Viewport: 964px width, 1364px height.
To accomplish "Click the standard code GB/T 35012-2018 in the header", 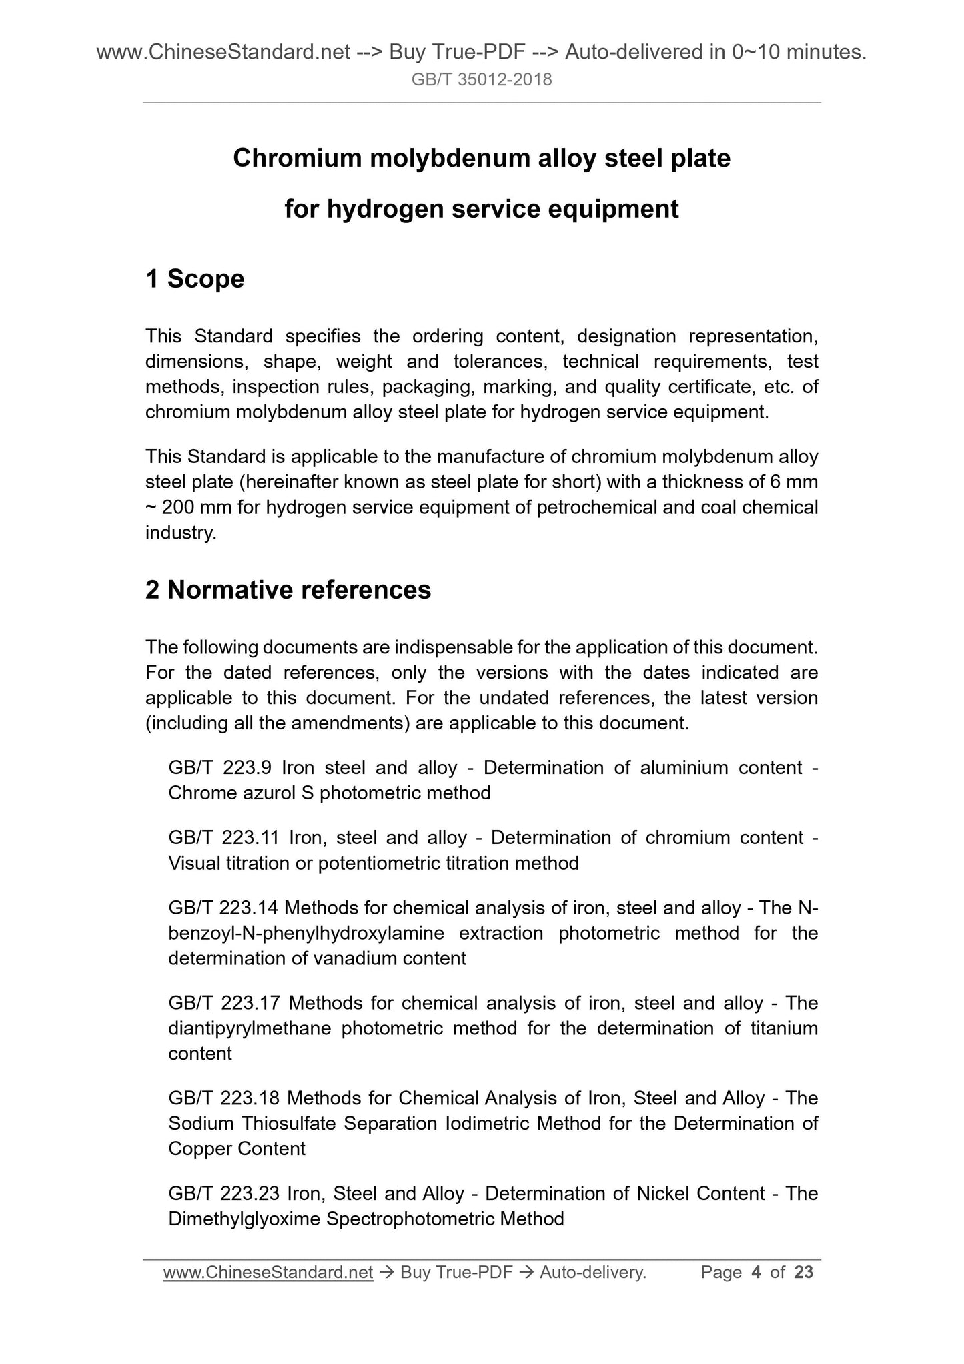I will click(482, 80).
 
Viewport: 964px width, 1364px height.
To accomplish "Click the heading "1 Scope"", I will click(195, 279).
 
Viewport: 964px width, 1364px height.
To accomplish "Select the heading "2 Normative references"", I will click(288, 590).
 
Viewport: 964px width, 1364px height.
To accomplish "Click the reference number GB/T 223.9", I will click(219, 767).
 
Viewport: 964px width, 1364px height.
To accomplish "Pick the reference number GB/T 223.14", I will click(223, 908).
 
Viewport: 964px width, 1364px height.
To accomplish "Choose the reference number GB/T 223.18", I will click(223, 1098).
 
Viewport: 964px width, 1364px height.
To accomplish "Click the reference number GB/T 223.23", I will click(223, 1193).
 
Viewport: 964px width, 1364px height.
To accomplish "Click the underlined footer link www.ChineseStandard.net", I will click(268, 1273).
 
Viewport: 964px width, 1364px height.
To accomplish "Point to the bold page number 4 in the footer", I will click(756, 1273).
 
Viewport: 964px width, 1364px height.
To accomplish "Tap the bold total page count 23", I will click(804, 1273).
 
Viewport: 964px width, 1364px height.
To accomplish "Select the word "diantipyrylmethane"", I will click(250, 1028).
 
